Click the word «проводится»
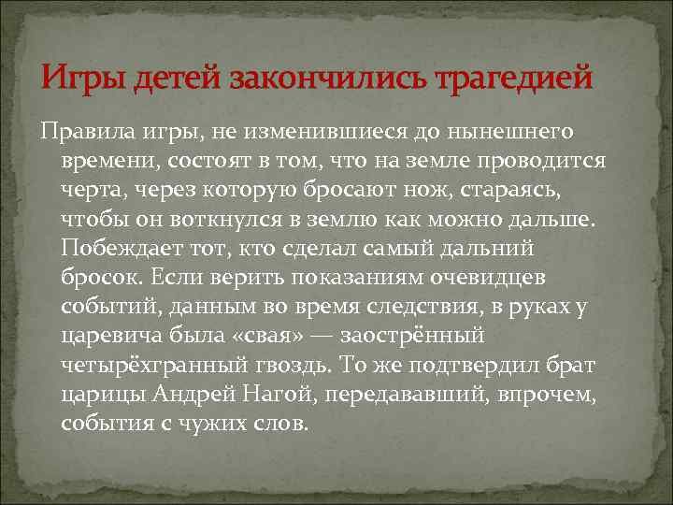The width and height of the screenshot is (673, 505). click(562, 159)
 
